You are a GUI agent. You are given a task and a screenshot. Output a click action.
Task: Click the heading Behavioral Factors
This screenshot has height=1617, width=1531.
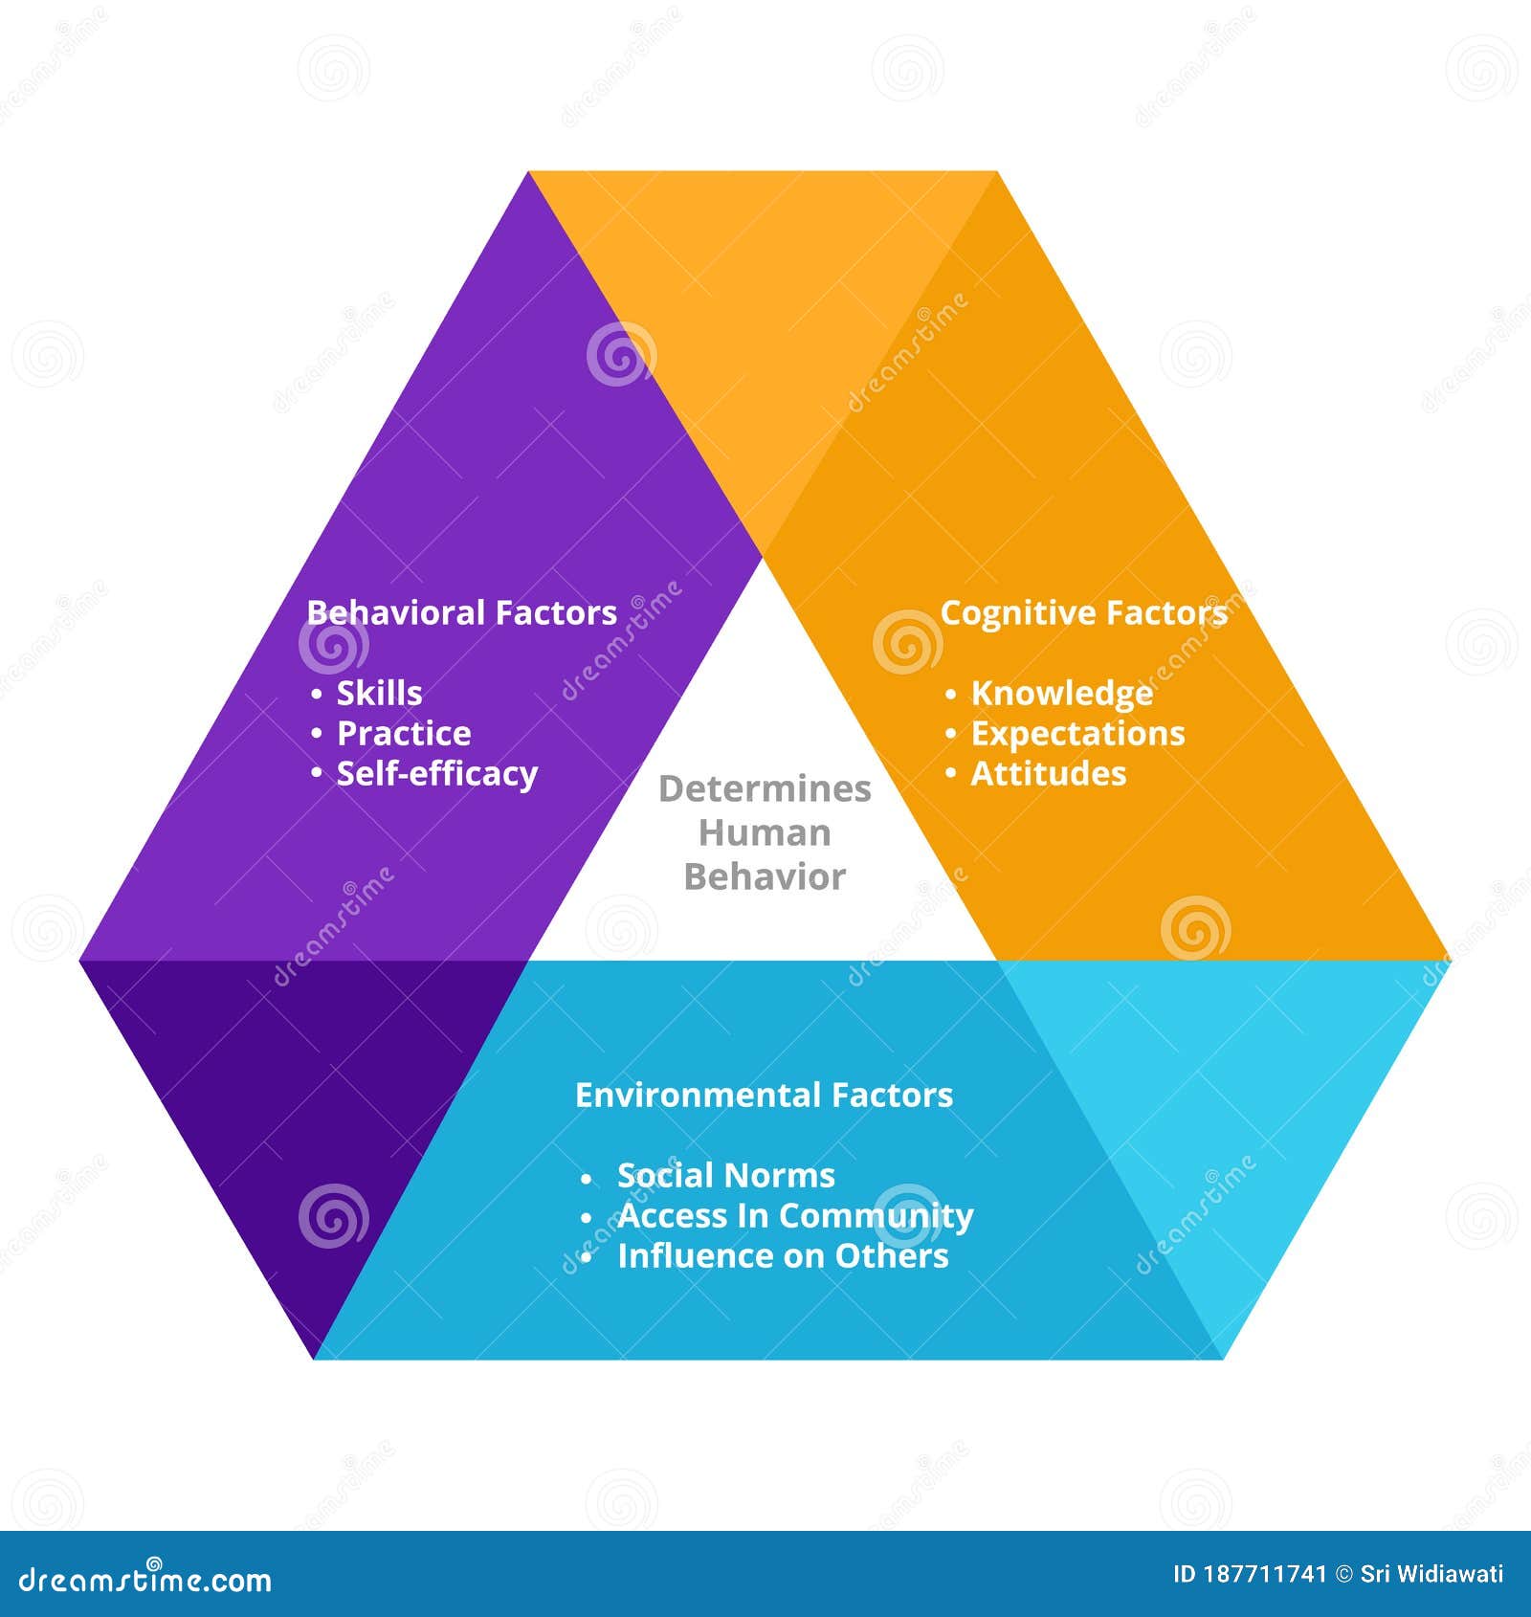tap(461, 612)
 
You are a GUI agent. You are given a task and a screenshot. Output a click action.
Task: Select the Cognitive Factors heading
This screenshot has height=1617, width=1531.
tap(1083, 612)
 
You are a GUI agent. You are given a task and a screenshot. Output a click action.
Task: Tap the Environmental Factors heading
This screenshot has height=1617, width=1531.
tap(764, 1095)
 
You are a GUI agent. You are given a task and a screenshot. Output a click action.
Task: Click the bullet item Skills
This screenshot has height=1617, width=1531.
tap(379, 693)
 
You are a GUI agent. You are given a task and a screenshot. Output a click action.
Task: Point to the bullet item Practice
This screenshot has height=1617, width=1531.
tap(404, 733)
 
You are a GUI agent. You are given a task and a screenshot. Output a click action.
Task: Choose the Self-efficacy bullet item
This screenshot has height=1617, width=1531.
tap(437, 773)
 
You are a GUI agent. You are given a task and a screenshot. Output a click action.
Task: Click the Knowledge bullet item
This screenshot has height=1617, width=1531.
tap(1061, 693)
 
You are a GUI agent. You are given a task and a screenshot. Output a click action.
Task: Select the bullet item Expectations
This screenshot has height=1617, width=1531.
tap(1077, 733)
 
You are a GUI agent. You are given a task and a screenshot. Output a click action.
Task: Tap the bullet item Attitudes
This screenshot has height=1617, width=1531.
tap(1049, 773)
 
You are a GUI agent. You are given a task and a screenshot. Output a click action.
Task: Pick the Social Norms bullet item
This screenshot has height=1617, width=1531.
tap(725, 1175)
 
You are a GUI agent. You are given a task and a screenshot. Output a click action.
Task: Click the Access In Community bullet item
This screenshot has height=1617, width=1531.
tap(795, 1215)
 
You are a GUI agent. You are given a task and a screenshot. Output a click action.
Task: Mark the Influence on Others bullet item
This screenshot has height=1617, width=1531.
tap(783, 1255)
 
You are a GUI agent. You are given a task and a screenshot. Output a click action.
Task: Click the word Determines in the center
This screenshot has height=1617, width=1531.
tap(765, 788)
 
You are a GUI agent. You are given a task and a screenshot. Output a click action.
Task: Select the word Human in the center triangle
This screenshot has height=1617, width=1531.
tap(765, 832)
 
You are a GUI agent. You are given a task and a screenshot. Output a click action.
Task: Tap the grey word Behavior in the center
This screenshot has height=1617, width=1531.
tap(765, 876)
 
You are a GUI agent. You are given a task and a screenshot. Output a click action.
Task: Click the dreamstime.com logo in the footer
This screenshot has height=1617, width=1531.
tap(145, 1579)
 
